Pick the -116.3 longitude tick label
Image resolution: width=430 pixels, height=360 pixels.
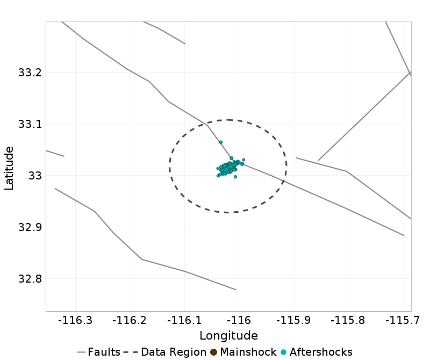[76, 321]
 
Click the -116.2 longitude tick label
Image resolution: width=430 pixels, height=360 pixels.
[131, 321]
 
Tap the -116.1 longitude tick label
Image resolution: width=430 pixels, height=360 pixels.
[185, 321]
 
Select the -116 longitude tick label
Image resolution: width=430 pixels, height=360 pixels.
[239, 321]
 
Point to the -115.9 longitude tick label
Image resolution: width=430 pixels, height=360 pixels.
[294, 321]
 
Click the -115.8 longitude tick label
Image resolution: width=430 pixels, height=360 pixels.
[348, 321]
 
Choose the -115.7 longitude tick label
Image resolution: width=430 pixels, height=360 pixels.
[403, 321]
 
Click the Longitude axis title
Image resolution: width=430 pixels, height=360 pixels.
[228, 336]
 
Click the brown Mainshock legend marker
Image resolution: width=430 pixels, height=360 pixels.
[213, 352]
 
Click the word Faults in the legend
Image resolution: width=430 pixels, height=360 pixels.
[104, 352]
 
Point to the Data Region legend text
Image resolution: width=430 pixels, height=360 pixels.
[174, 352]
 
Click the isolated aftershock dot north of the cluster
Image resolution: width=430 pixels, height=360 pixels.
[220, 142]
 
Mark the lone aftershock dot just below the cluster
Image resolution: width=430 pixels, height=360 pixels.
[235, 177]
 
